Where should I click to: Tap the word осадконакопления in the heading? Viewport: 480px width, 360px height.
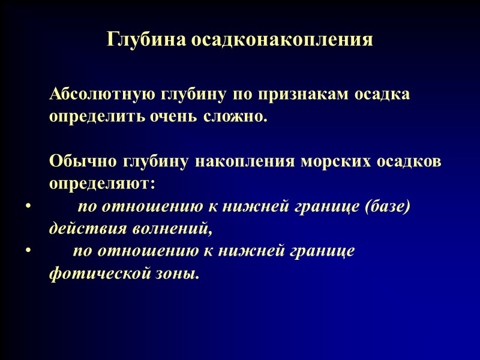tap(283, 40)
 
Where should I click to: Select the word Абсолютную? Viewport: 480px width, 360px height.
tap(103, 95)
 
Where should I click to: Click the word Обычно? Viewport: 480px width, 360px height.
tap(83, 161)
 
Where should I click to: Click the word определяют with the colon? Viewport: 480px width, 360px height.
tap(102, 182)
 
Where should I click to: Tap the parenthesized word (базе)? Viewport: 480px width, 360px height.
tap(387, 206)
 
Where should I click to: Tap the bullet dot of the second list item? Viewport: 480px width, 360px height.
tap(28, 251)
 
